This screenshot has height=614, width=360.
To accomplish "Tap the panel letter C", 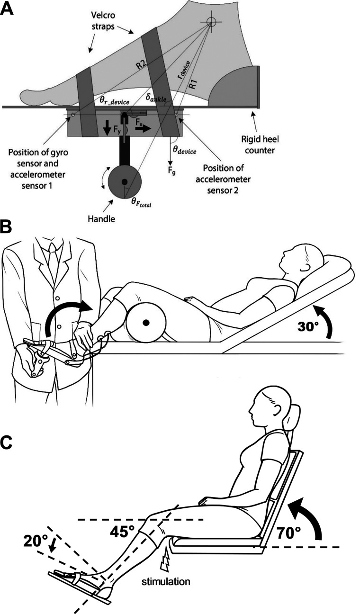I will (x=8, y=442).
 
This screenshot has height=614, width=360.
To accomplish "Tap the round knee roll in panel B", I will (x=146, y=322).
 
